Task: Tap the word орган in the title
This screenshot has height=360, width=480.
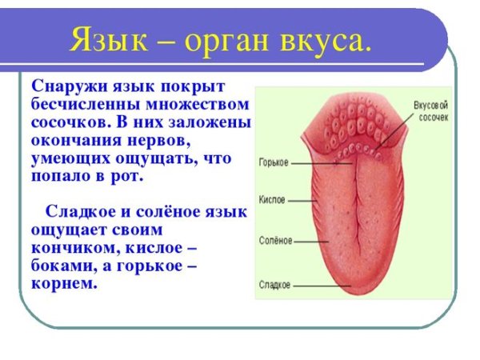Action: pyautogui.click(x=239, y=39)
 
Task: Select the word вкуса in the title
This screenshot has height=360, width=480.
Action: pyautogui.click(x=328, y=39)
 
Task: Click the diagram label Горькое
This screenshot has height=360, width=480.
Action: pyautogui.click(x=274, y=162)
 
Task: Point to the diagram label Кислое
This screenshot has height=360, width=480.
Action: pyautogui.click(x=272, y=200)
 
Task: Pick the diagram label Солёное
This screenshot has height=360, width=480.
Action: pyautogui.click(x=276, y=240)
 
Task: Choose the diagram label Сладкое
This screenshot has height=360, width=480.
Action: pyautogui.click(x=275, y=284)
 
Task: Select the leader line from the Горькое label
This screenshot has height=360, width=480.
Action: pyautogui.click(x=320, y=162)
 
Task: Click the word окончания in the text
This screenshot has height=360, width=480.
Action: pyautogui.click(x=74, y=141)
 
